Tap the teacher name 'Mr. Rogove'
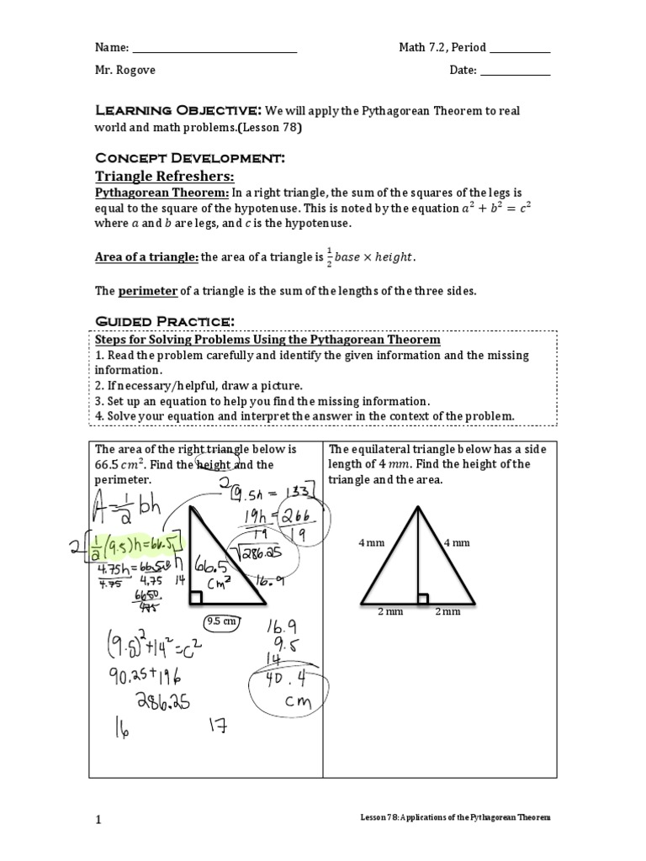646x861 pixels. [124, 71]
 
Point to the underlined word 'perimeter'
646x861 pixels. [147, 290]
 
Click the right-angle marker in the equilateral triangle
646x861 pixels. [423, 598]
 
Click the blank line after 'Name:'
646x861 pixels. [215, 48]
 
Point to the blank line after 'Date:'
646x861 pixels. [515, 71]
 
